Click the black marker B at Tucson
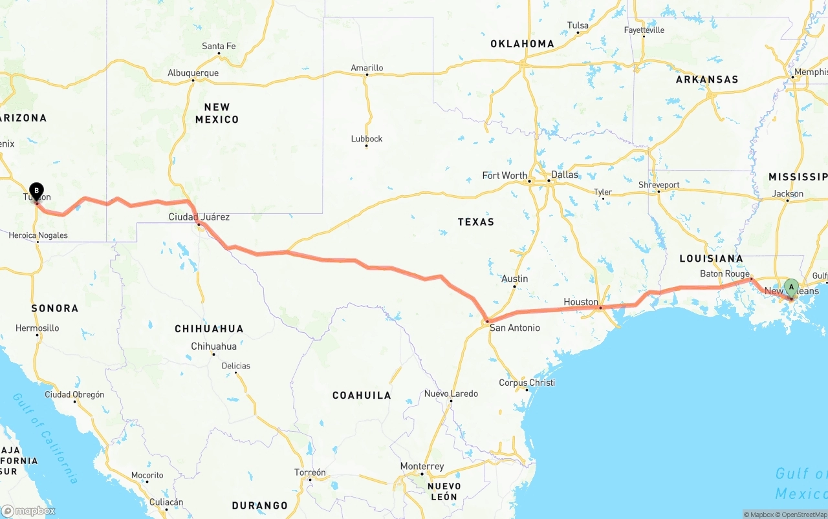(x=37, y=191)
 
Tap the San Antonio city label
(x=514, y=328)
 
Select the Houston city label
(x=581, y=302)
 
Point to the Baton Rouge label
(x=724, y=274)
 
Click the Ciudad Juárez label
(x=199, y=217)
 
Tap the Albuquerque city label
(x=193, y=73)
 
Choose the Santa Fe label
(x=219, y=46)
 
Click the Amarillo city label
(x=367, y=68)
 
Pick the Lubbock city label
(x=367, y=139)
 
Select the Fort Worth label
(x=505, y=175)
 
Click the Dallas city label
(x=565, y=175)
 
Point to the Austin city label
(x=515, y=279)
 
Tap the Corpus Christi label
(x=527, y=383)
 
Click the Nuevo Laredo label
(x=451, y=394)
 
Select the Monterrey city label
(x=422, y=467)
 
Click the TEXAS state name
(x=475, y=222)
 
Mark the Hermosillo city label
(x=38, y=328)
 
